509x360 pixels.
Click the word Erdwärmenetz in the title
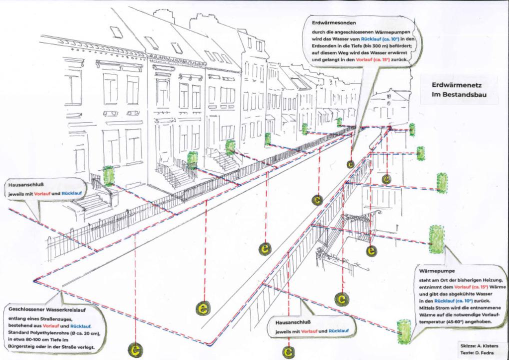click(456, 85)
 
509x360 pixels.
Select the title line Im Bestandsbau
click(456, 94)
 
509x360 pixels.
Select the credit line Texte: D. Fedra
click(477, 353)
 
